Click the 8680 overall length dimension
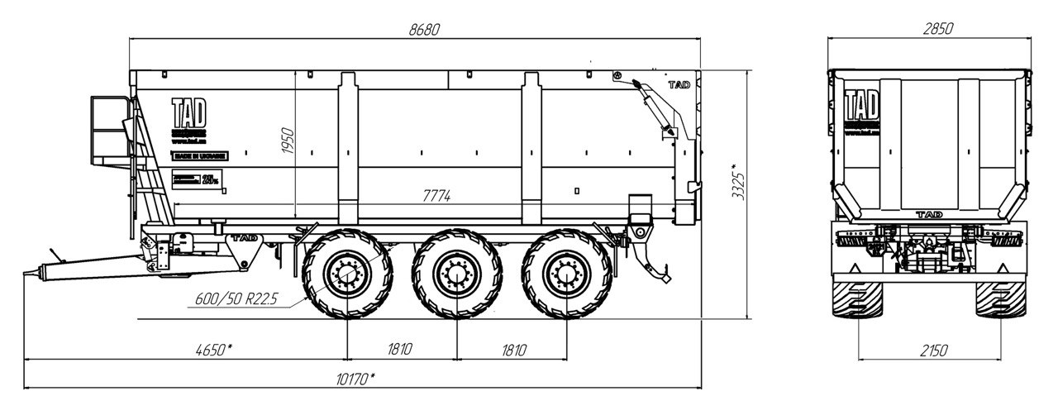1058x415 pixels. [x=424, y=29]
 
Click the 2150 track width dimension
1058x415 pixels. [x=932, y=349]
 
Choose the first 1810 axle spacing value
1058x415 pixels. [x=400, y=349]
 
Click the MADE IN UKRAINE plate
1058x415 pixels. [x=198, y=155]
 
